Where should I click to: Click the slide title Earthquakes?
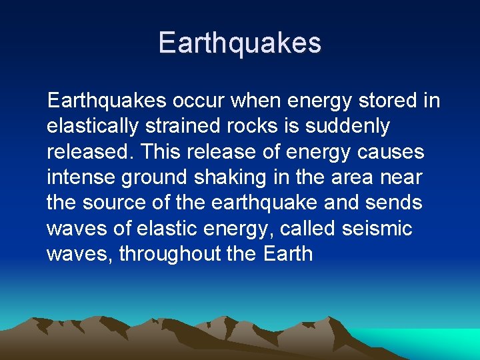click(240, 43)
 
